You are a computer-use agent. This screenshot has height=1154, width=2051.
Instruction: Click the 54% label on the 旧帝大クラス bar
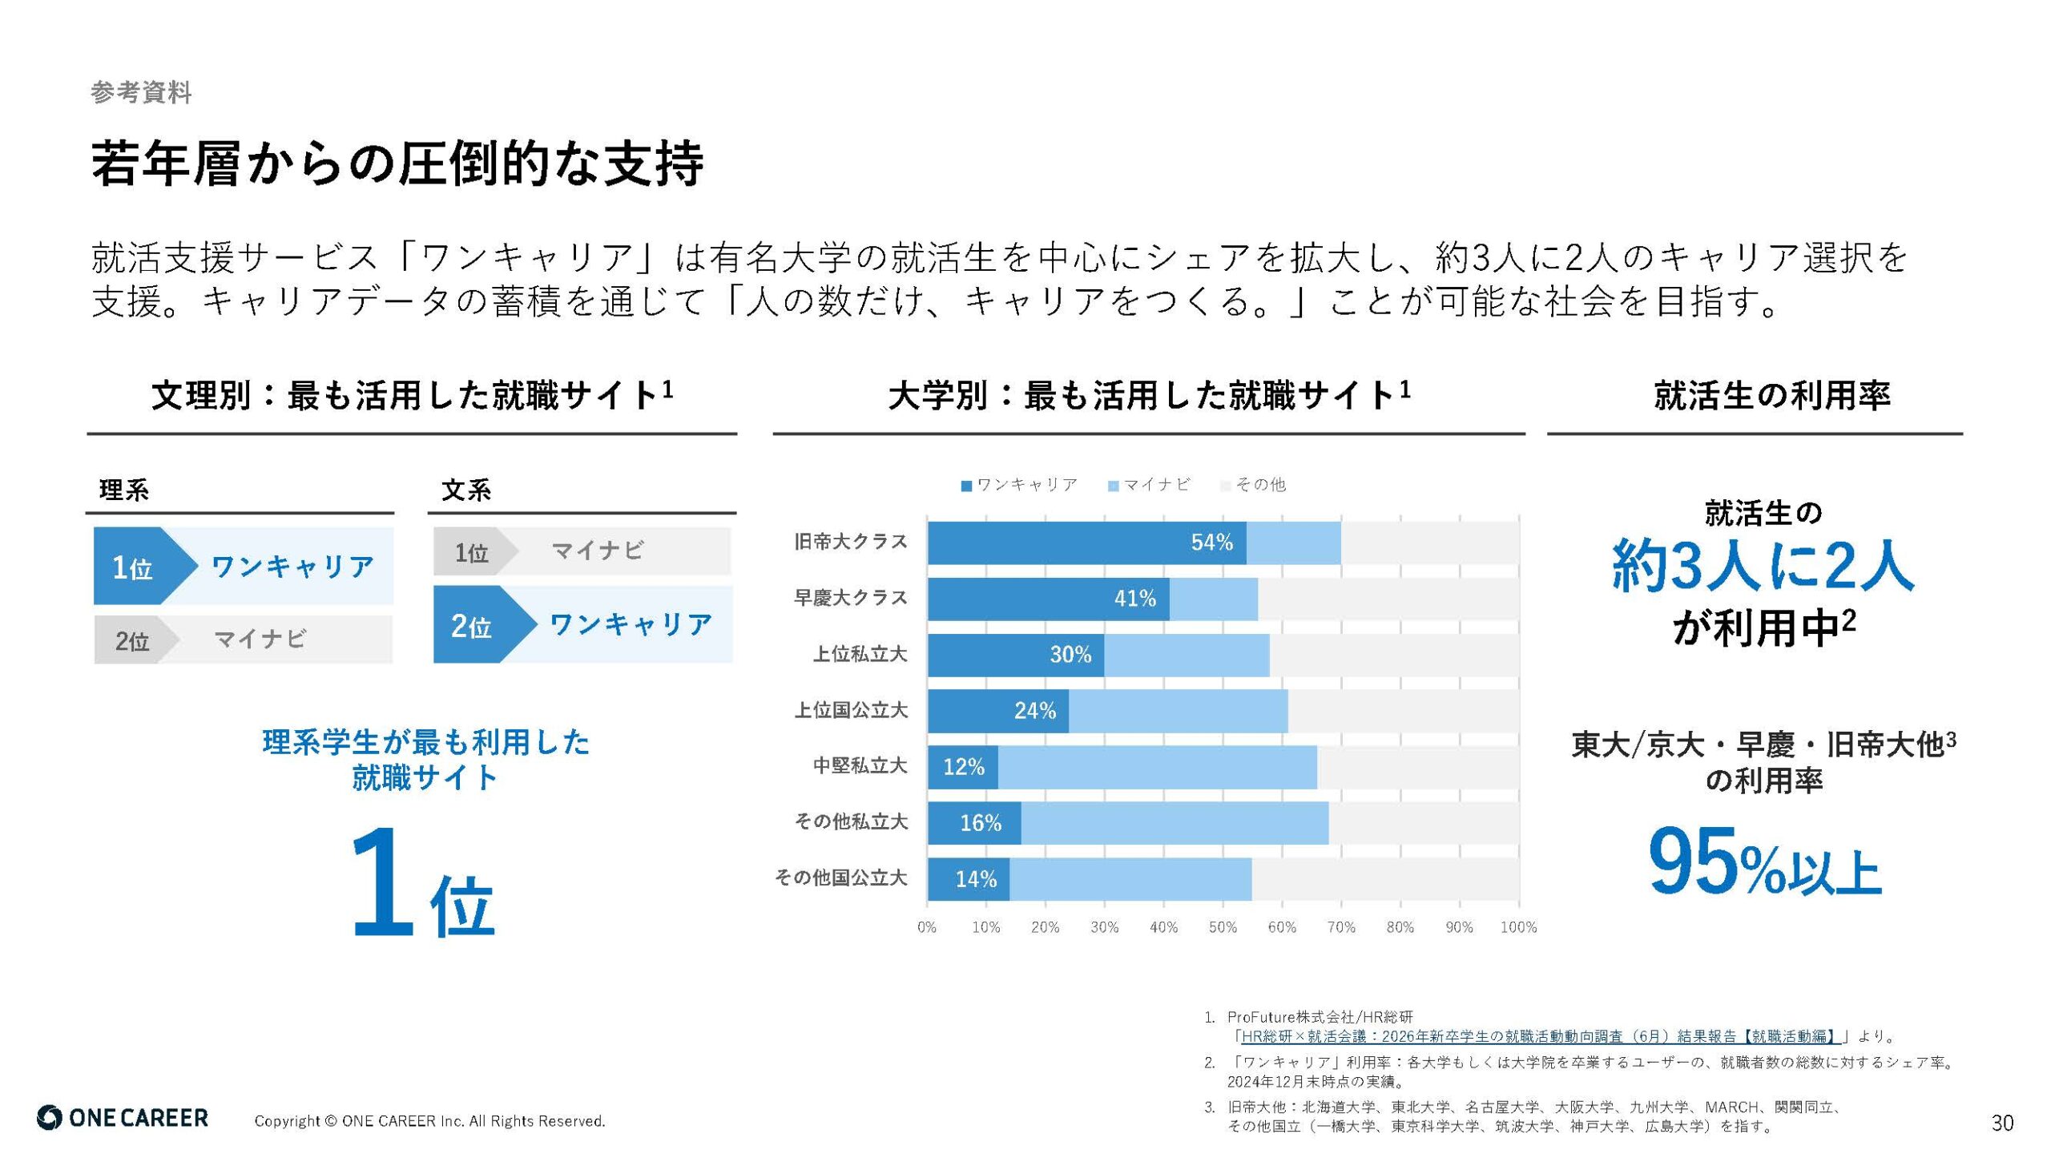pyautogui.click(x=1211, y=543)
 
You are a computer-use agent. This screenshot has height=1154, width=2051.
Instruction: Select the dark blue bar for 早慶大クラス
pyautogui.click(x=1048, y=599)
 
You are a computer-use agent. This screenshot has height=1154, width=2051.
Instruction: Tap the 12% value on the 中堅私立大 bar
pyautogui.click(x=963, y=767)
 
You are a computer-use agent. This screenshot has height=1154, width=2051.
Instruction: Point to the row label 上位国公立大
pyautogui.click(x=851, y=710)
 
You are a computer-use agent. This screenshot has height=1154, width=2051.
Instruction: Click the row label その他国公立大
pyautogui.click(x=840, y=878)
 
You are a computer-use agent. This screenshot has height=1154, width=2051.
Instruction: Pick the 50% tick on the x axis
pyautogui.click(x=1223, y=927)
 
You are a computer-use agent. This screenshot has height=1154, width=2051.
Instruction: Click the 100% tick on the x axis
pyautogui.click(x=1518, y=927)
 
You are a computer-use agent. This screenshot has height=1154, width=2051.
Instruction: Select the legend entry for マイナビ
pyautogui.click(x=1150, y=485)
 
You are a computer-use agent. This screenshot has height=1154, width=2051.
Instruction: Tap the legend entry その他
pyautogui.click(x=1254, y=485)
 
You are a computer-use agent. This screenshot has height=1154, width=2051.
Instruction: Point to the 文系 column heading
pyautogui.click(x=466, y=490)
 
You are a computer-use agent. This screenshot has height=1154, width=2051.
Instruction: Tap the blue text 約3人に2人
pyautogui.click(x=1763, y=566)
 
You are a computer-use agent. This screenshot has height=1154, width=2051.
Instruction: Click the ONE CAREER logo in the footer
pyautogui.click(x=123, y=1118)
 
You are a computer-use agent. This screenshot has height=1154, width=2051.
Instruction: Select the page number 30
pyautogui.click(x=2002, y=1123)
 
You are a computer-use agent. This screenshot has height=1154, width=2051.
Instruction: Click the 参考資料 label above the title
pyautogui.click(x=141, y=92)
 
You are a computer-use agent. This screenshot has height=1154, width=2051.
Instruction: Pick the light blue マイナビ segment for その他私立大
pyautogui.click(x=1175, y=823)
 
